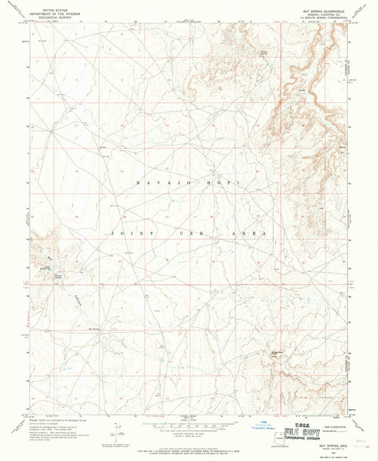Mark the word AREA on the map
click(254, 234)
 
